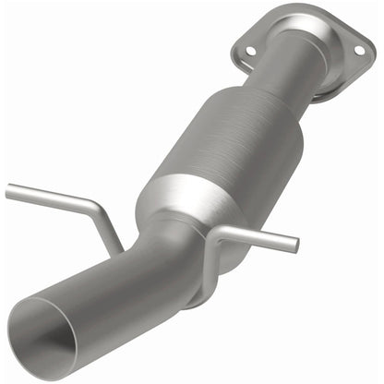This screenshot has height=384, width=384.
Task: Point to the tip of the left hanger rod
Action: pyautogui.click(x=9, y=191)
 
